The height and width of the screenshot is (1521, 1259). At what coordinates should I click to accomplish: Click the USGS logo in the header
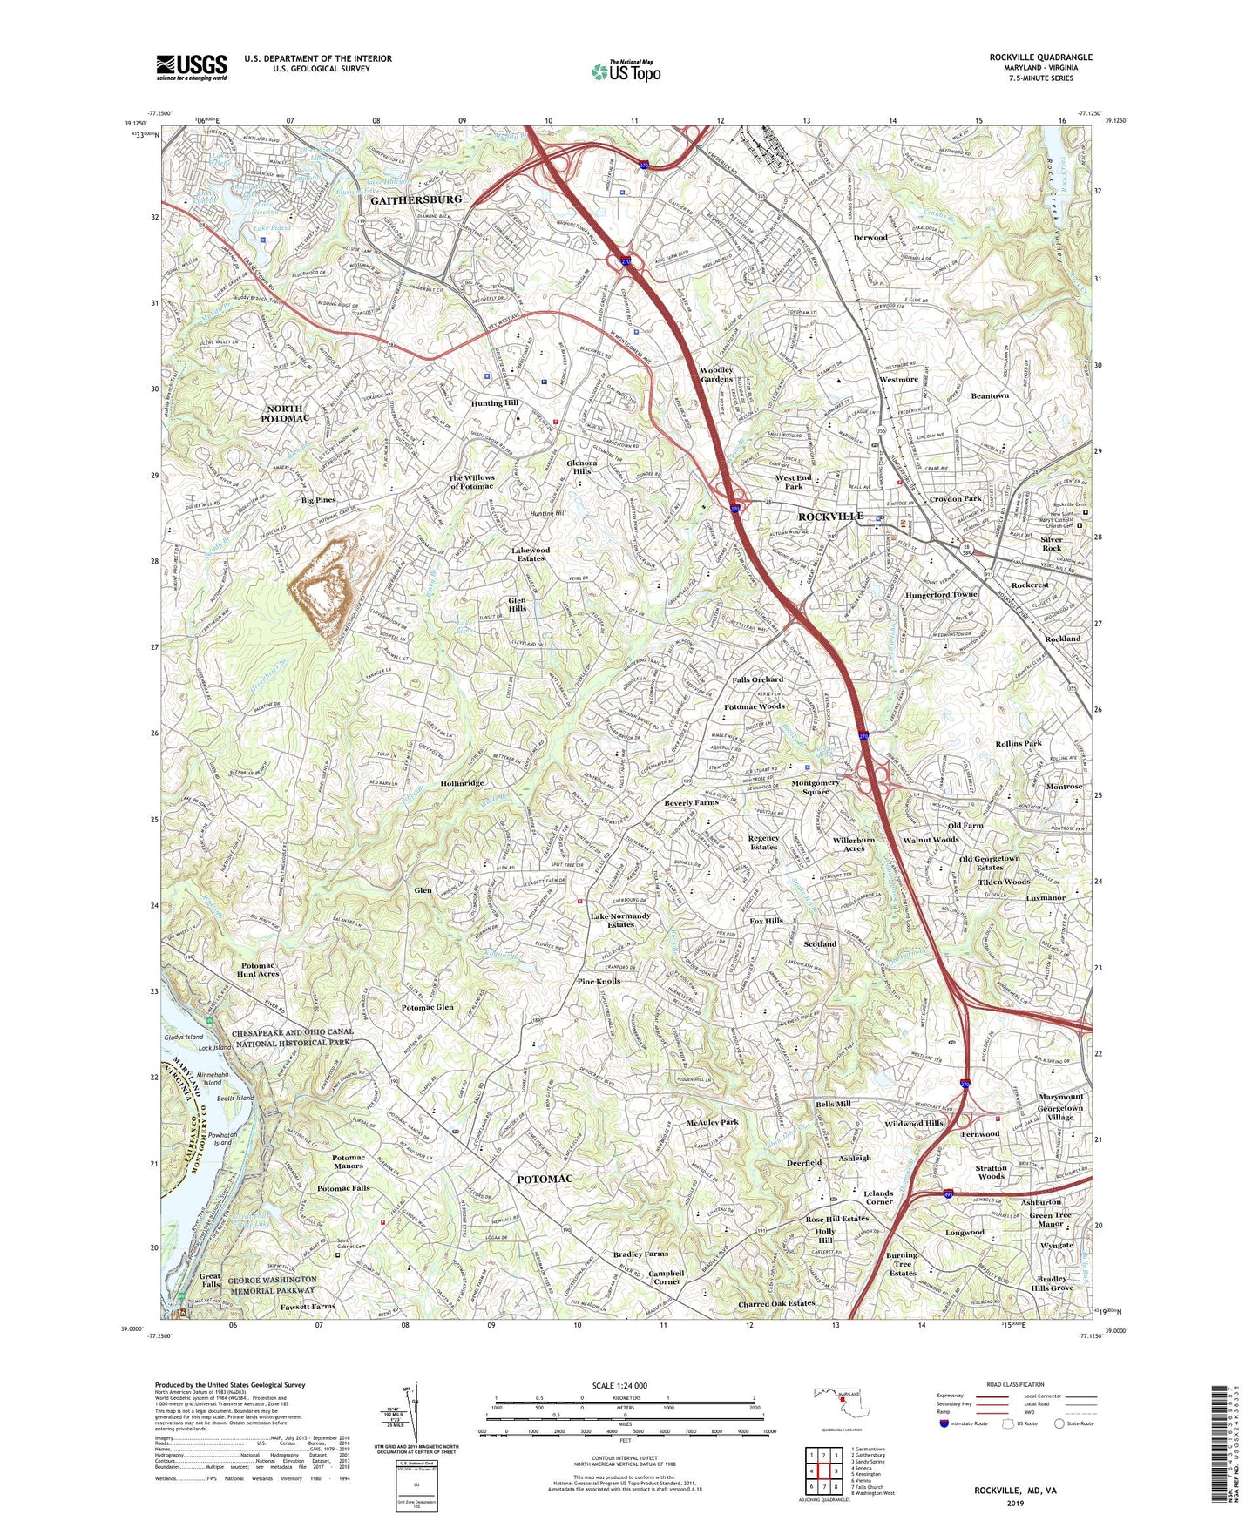[192, 67]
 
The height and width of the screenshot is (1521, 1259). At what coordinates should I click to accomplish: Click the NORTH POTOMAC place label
[285, 414]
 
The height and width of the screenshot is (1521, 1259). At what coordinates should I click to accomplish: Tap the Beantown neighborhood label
[990, 396]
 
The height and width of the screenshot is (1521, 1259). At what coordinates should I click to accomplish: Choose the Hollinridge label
[462, 783]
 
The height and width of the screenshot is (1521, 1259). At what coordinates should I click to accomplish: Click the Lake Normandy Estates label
[620, 920]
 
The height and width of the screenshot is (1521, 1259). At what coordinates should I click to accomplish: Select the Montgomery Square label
[816, 787]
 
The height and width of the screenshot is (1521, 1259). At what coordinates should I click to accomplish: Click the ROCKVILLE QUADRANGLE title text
[1040, 57]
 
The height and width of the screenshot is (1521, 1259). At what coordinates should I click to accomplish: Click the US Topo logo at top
[626, 71]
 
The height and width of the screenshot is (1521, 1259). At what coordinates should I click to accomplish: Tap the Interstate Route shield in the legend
[944, 1423]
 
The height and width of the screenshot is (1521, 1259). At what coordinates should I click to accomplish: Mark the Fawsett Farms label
[308, 1306]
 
